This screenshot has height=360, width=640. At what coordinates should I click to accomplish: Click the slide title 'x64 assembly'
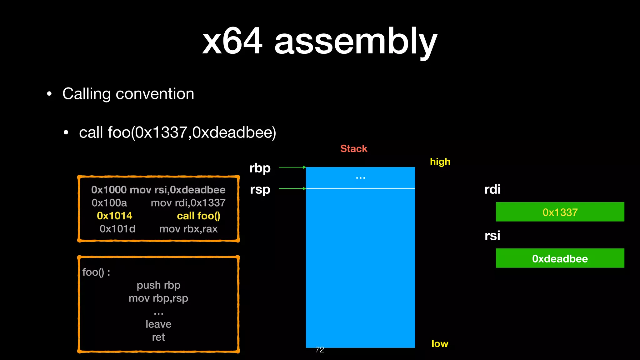tap(319, 41)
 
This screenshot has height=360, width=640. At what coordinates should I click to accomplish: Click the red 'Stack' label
tap(353, 149)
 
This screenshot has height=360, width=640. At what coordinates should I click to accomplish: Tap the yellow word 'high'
tap(440, 162)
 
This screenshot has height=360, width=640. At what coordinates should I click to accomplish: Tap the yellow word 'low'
tap(440, 344)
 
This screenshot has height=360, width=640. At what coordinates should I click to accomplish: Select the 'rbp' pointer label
tap(260, 168)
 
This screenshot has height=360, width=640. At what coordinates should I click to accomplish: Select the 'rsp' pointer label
tap(260, 189)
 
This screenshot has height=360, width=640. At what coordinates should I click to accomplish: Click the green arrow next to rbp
tap(292, 167)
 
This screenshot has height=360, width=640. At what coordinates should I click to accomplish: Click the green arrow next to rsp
tap(292, 188)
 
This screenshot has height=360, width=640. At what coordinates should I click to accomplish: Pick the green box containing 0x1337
tap(560, 212)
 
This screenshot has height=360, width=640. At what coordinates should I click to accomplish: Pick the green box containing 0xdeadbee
tap(560, 258)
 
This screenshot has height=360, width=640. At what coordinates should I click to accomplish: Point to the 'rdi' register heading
tap(492, 189)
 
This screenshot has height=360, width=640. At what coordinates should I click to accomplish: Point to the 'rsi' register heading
tap(492, 236)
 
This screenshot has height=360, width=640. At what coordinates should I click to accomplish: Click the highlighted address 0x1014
tap(114, 216)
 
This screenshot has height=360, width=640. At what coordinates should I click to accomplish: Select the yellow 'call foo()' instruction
tap(198, 216)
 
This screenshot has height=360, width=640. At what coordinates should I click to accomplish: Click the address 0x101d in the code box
tap(117, 229)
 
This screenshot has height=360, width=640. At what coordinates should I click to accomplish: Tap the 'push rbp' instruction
tap(158, 285)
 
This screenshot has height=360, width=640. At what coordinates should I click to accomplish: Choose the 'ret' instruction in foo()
tap(158, 337)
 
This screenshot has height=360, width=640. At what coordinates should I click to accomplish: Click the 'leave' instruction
tap(158, 324)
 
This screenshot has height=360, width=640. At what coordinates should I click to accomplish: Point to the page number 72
tap(320, 350)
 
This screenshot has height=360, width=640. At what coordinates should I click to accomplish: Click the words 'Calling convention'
tap(128, 94)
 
